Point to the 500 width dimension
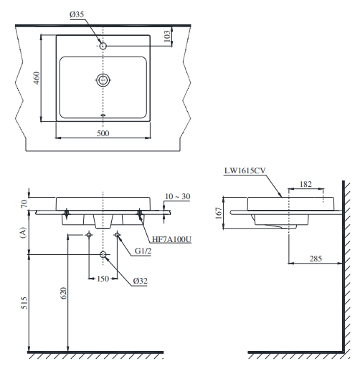[x=104, y=134]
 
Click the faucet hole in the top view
[x=104, y=47]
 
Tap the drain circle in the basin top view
[x=104, y=80]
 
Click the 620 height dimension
[x=63, y=294]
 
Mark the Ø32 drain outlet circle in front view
[x=104, y=255]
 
